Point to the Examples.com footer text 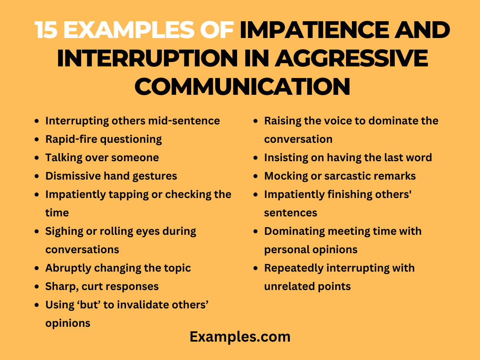pyautogui.click(x=240, y=337)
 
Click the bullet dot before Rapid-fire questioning pyautogui.click(x=37, y=139)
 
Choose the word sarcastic pyautogui.click(x=353, y=176)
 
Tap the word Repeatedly pyautogui.click(x=294, y=268)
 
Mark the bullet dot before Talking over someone pyautogui.click(x=37, y=158)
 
